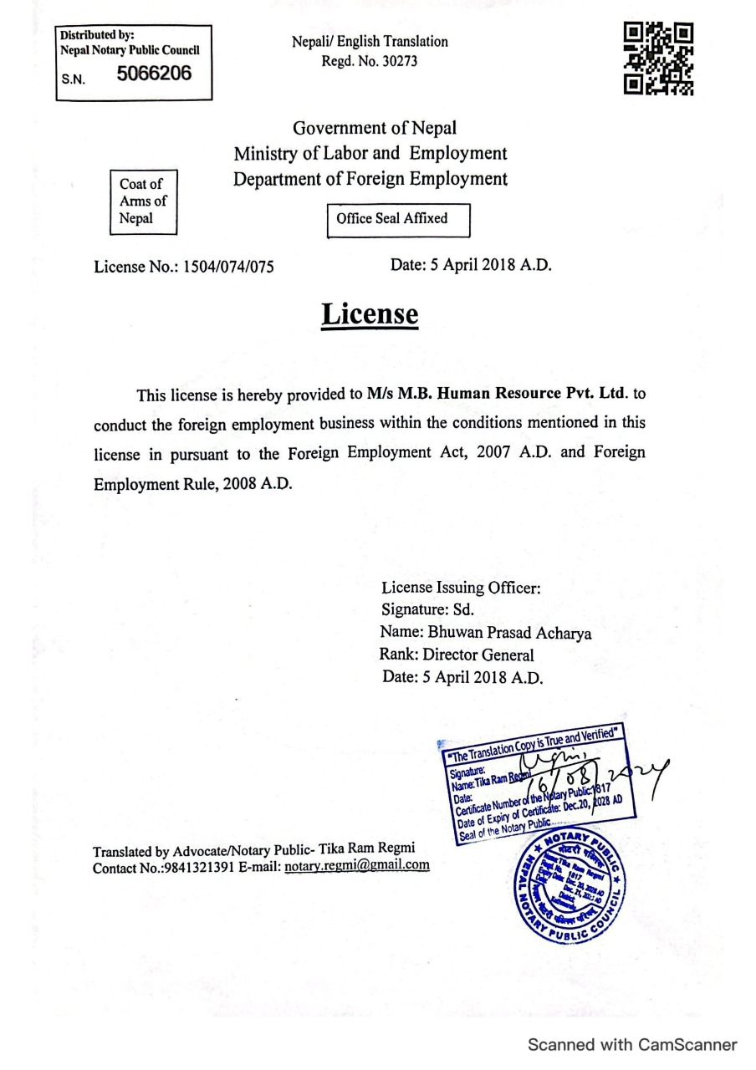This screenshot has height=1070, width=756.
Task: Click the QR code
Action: pyautogui.click(x=659, y=57)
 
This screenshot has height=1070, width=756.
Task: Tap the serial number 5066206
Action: pyautogui.click(x=155, y=74)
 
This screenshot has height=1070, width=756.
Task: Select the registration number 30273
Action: pyautogui.click(x=398, y=61)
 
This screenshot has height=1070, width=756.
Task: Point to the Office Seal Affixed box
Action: pyautogui.click(x=398, y=219)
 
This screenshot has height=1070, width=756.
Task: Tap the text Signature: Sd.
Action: pyautogui.click(x=427, y=610)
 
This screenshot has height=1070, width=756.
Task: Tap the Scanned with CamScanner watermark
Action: pyautogui.click(x=631, y=1045)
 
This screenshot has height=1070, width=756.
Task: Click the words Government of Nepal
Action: pyautogui.click(x=375, y=129)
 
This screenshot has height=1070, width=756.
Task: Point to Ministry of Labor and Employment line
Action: pyautogui.click(x=370, y=154)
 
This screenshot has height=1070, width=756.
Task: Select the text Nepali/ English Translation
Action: pyautogui.click(x=370, y=41)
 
